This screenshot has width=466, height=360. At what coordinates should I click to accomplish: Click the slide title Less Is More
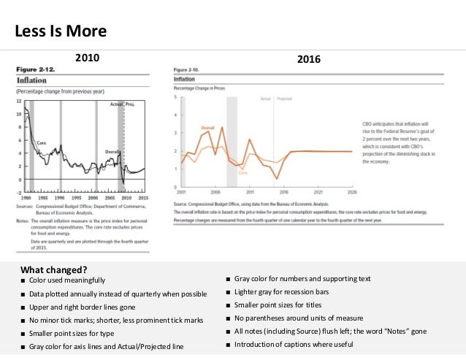tap(61, 31)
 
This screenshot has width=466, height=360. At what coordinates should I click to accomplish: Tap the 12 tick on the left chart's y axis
tap(19, 102)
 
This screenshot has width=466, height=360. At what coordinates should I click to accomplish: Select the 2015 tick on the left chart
tap(142, 198)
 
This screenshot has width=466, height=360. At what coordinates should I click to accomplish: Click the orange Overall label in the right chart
tap(207, 127)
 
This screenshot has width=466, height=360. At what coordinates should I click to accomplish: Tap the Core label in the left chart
tap(42, 145)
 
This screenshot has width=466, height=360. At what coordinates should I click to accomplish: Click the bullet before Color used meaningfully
tap(24, 280)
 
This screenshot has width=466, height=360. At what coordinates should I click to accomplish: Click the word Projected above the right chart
tap(285, 97)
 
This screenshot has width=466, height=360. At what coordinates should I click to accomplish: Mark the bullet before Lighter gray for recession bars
tap(228, 293)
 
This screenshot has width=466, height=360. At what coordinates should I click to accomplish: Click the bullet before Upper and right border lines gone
tap(24, 306)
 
